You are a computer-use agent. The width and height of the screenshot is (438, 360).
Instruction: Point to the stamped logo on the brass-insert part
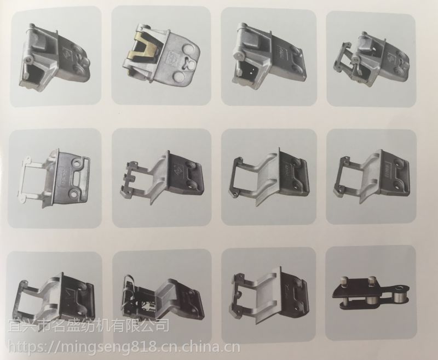tap(170, 57)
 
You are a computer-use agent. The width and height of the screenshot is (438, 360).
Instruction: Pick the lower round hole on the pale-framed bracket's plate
tap(74, 193)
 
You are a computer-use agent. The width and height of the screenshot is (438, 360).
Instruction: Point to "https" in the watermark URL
tap(25, 348)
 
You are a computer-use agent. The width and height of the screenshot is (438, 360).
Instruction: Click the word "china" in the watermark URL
tap(199, 347)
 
